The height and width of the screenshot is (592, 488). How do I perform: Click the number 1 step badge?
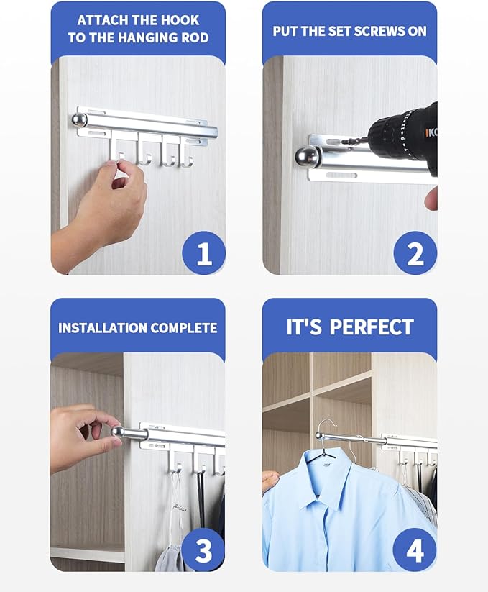click(x=203, y=253)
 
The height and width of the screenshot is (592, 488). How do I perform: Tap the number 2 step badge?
click(x=415, y=253)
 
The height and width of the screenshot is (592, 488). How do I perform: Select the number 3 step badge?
click(x=203, y=550)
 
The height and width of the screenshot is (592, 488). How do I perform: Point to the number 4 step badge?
click(x=415, y=550)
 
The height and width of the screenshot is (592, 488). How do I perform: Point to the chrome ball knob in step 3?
click(x=118, y=432)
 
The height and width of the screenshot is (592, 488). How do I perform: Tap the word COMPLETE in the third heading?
click(x=181, y=328)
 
